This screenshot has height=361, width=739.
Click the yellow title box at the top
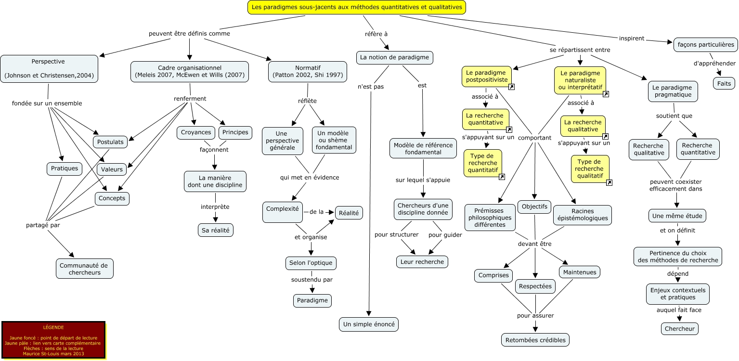pyautogui.click(x=357, y=7)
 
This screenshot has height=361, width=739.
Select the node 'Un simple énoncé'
pyautogui.click(x=369, y=324)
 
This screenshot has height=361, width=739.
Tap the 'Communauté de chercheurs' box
pyautogui.click(x=85, y=269)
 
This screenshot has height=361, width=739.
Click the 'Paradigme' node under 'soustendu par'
pyautogui.click(x=312, y=300)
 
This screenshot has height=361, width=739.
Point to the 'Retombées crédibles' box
pyautogui.click(x=535, y=340)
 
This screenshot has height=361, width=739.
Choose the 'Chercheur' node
pyautogui.click(x=679, y=329)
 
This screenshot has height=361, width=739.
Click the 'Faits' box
pyautogui.click(x=724, y=83)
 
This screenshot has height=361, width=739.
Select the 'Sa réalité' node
pyautogui.click(x=216, y=231)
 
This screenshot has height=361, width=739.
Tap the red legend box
pyautogui.click(x=53, y=340)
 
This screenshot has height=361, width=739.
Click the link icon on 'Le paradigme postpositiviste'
pyautogui.click(x=512, y=87)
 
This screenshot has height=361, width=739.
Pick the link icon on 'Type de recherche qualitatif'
pyautogui.click(x=609, y=182)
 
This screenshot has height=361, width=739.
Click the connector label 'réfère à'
pyautogui.click(x=376, y=34)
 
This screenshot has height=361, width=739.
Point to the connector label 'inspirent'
pyautogui.click(x=632, y=38)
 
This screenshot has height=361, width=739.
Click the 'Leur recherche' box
pyautogui.click(x=422, y=262)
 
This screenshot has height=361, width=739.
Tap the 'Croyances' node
pyautogui.click(x=195, y=132)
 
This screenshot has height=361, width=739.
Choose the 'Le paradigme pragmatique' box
pyautogui.click(x=672, y=91)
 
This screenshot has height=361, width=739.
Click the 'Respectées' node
pyautogui.click(x=535, y=286)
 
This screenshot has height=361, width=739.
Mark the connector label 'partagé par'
pyautogui.click(x=43, y=225)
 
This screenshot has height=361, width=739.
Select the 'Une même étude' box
pyautogui.click(x=677, y=216)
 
